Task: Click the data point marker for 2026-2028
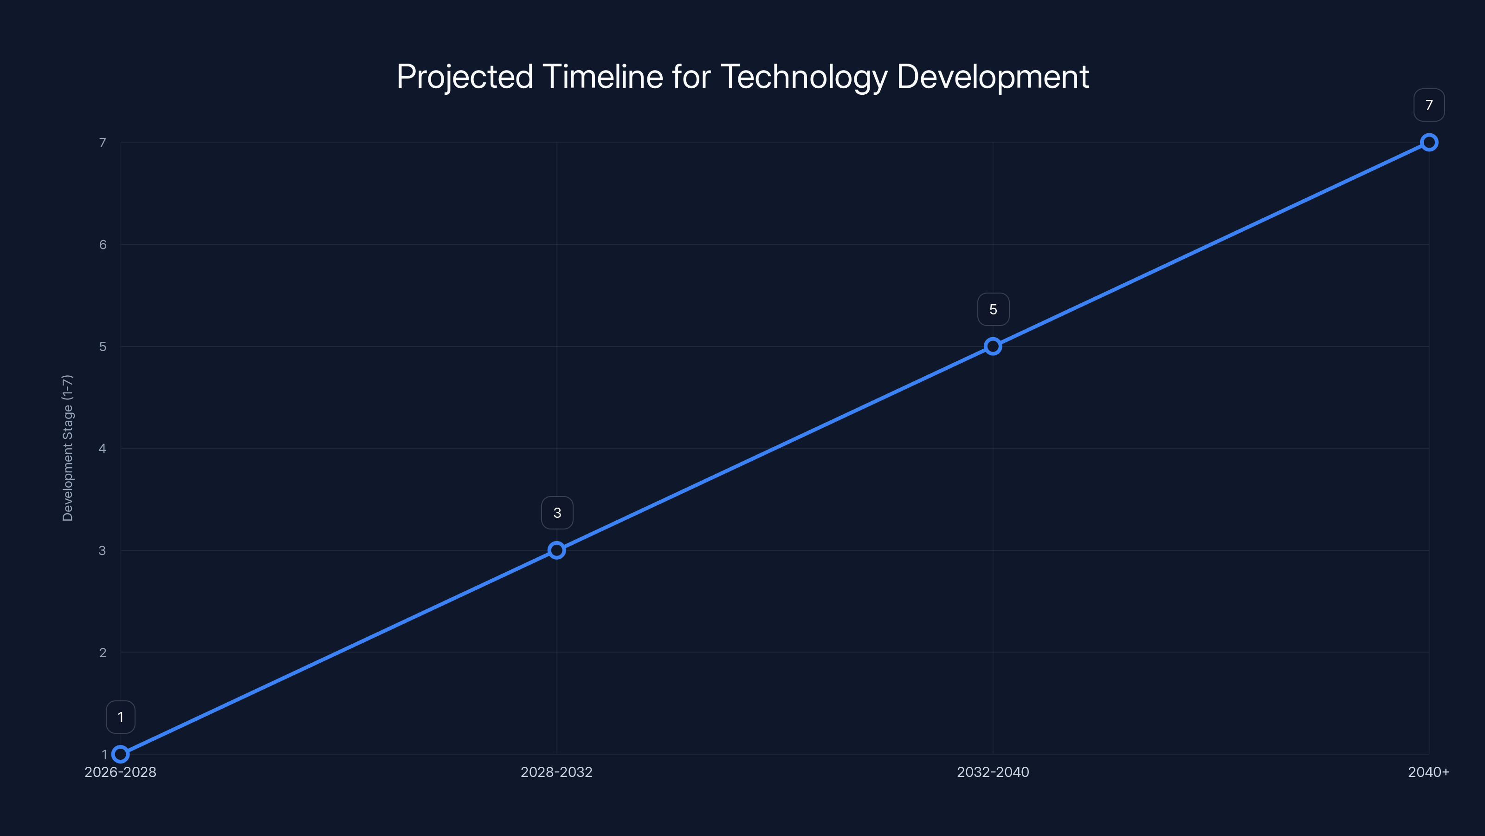121,754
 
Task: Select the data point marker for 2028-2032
556,550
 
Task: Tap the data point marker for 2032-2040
993,346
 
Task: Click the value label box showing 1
121,717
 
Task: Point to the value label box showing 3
557,513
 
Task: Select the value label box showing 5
993,309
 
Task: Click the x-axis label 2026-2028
121,772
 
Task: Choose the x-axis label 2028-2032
556,772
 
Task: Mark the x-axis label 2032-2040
993,772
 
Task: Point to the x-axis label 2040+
1428,772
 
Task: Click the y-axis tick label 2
103,653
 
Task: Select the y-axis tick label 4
103,448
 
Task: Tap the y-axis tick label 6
103,245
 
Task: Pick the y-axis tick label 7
103,143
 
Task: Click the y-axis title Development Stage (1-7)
67,448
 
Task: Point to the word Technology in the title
804,77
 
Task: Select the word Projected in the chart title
465,77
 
